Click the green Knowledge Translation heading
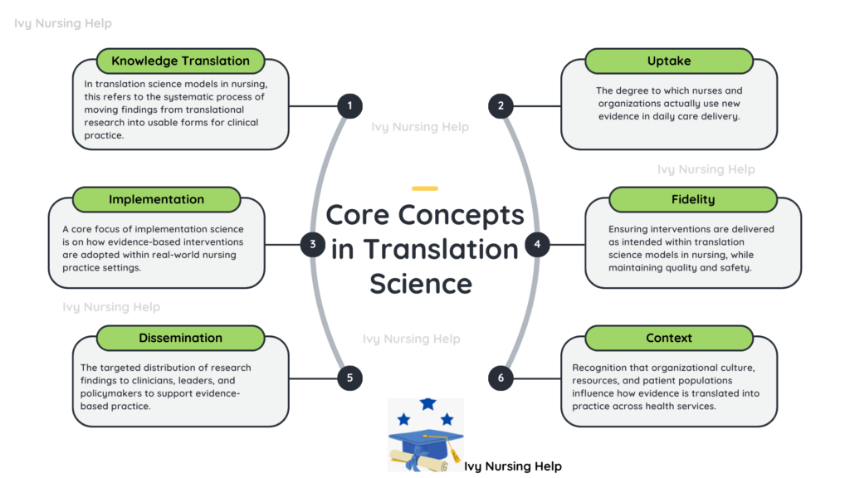coord(180,61)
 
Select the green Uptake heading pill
coord(668,61)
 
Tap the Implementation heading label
coord(156,199)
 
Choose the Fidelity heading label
coord(692,199)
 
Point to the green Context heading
coord(668,338)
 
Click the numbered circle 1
coord(350,105)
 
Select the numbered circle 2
coord(501,105)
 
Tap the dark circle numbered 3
coord(313,244)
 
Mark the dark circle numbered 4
coord(537,244)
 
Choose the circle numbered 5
coord(350,378)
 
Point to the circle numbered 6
coord(501,378)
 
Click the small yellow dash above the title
coord(425,188)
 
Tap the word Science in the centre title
coord(421,283)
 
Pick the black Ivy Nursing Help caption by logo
coord(512,466)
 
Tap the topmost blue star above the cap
coord(427,404)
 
